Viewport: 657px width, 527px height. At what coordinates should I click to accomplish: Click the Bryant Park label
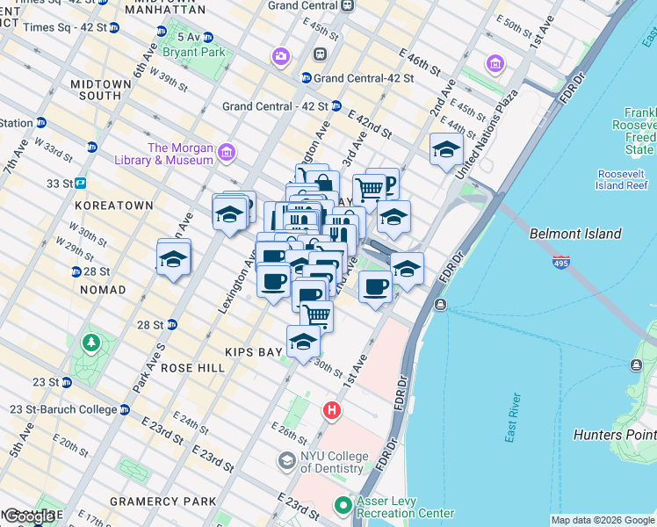point(201,52)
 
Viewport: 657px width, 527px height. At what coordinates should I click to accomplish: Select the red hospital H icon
point(332,410)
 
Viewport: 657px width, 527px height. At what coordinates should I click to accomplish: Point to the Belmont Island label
point(575,234)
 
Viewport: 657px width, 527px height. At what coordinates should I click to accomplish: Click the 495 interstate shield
point(561,262)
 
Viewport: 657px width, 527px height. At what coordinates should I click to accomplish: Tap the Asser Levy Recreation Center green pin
point(343,505)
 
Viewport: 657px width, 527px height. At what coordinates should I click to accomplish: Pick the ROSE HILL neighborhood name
point(192,368)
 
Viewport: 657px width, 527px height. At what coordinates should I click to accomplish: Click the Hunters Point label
point(614,435)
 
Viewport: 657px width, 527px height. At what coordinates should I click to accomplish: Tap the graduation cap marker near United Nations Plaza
point(446,149)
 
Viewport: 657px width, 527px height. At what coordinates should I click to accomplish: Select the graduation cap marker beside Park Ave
point(174,259)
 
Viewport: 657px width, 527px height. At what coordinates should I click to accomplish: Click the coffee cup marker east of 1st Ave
point(375,287)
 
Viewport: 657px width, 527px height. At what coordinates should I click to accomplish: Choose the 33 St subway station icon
point(80,184)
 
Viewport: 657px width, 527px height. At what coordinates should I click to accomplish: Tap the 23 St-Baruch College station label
point(62,409)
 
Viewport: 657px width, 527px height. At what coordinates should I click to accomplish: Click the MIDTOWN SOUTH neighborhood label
point(101,90)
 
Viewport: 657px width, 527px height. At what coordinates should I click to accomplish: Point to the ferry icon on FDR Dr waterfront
point(440,304)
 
